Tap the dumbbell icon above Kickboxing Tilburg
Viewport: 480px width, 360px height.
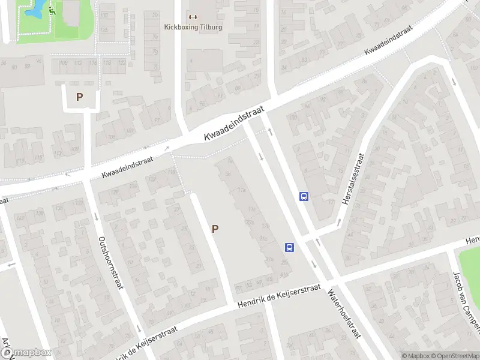[x=193, y=17]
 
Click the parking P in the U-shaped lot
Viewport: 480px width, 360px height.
[x=79, y=96]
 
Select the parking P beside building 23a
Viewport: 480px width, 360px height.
[x=215, y=228]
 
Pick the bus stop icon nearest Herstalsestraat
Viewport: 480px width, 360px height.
[x=304, y=196]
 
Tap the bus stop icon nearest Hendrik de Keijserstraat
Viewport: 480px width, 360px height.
[x=289, y=247]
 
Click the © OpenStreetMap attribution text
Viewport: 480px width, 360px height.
[x=455, y=355]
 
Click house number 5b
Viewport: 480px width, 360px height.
[x=228, y=174]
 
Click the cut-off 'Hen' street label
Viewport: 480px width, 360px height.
[x=473, y=241]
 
